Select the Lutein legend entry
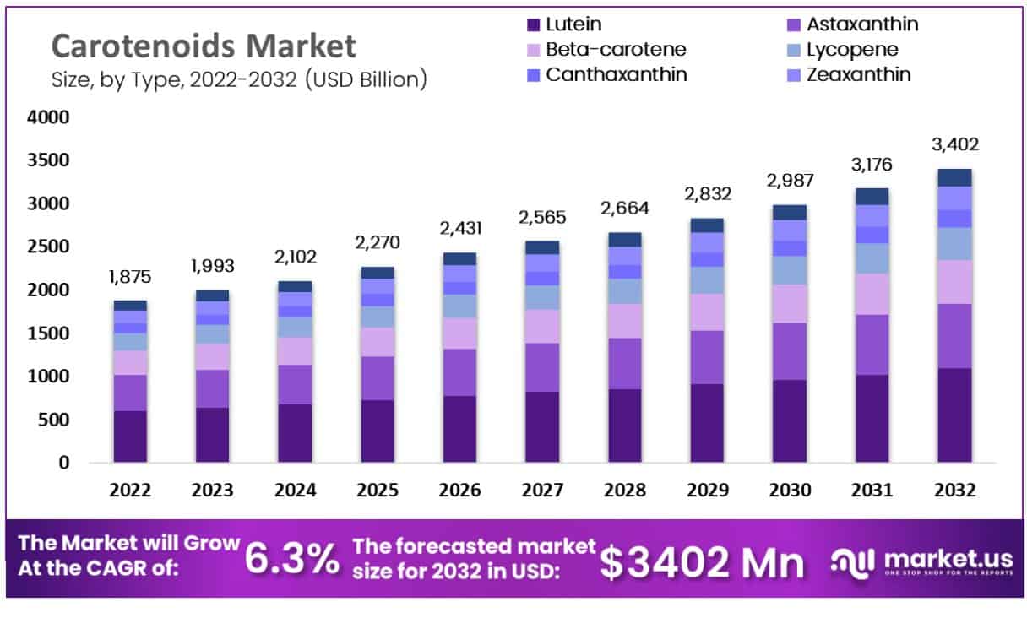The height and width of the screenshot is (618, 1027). click(573, 24)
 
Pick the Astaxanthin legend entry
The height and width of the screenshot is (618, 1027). click(861, 24)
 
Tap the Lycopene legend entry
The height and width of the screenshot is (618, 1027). click(851, 49)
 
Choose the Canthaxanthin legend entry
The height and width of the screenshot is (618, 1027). click(616, 74)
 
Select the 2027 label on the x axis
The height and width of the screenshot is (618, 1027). click(542, 491)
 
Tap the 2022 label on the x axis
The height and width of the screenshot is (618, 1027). click(131, 491)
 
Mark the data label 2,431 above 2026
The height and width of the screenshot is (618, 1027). click(459, 228)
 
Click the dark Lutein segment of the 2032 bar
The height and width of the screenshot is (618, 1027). click(954, 415)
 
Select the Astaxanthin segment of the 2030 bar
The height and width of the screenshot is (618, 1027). click(789, 351)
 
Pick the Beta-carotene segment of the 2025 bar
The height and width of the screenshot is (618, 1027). click(378, 342)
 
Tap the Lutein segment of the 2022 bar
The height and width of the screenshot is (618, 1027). click(130, 436)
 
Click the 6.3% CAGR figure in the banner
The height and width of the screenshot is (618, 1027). click(291, 558)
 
